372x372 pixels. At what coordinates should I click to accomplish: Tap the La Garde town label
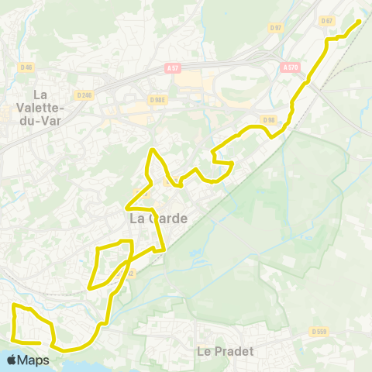pyautogui.click(x=158, y=219)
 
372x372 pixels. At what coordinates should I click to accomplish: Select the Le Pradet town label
pyautogui.click(x=226, y=350)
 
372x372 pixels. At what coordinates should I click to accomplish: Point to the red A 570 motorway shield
pyautogui.click(x=291, y=67)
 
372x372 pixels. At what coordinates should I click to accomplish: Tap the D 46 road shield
pyautogui.click(x=25, y=67)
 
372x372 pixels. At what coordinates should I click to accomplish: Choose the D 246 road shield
pyautogui.click(x=84, y=95)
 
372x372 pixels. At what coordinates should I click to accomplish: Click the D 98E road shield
pyautogui.click(x=157, y=99)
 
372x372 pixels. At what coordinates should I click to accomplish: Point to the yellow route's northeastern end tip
pyautogui.click(x=359, y=21)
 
